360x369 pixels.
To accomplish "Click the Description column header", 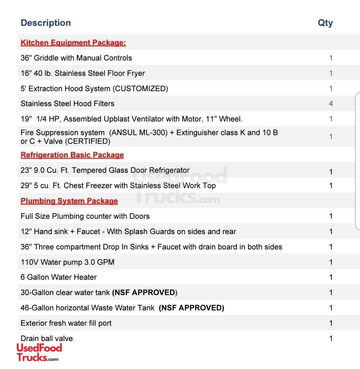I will [46, 23].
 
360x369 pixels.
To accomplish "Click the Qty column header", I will [325, 23].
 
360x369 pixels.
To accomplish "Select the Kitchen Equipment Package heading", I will [73, 43].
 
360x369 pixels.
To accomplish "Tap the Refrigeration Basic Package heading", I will [72, 155].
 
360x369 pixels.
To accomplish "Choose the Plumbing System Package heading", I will [69, 201].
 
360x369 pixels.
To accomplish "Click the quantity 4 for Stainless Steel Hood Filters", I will [331, 104].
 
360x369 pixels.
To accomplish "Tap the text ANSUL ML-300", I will [138, 133].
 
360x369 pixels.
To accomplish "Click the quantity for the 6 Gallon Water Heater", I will [331, 277].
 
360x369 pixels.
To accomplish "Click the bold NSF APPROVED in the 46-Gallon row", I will [191, 308].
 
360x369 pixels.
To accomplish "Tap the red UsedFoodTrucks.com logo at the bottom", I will [39, 353].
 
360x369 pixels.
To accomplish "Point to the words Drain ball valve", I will [47, 339].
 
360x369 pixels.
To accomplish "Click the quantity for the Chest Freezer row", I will [331, 186].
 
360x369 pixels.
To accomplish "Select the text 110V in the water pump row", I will [29, 262].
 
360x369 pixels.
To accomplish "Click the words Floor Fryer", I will [127, 73].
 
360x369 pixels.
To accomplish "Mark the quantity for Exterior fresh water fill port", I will [331, 323].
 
